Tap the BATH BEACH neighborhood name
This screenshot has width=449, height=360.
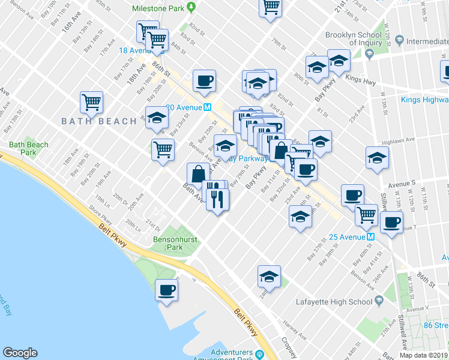99,121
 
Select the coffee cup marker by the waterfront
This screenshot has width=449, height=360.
166,290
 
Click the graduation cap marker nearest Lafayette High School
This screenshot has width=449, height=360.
269,277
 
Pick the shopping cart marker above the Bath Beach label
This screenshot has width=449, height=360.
91,102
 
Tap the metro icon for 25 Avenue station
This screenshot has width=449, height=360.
370,236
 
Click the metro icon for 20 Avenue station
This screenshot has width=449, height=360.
206,107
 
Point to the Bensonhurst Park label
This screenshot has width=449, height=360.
166,243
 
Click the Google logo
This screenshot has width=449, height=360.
20,353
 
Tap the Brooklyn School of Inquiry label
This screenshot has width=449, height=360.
354,39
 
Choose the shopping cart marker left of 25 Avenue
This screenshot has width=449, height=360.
366,215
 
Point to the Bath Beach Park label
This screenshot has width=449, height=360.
28,149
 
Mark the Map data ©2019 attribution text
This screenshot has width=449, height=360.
424,355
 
